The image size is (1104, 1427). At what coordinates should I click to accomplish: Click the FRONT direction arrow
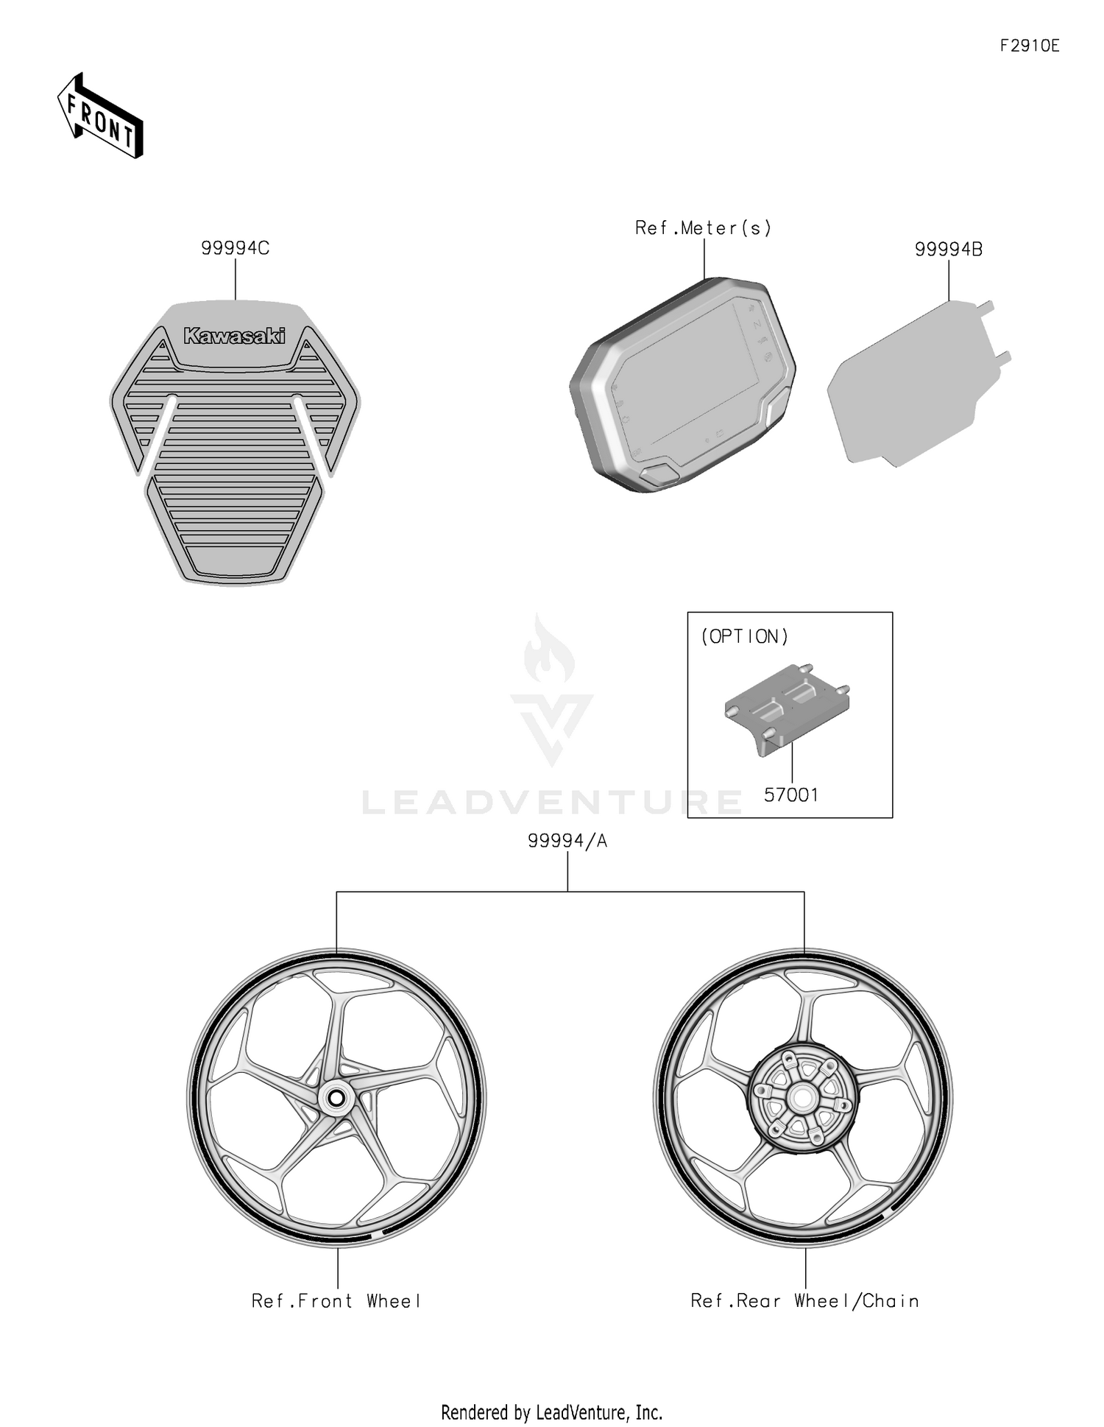(100, 116)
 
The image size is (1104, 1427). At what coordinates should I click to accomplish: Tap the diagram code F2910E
(1029, 46)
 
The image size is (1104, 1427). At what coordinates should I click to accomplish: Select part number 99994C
(236, 249)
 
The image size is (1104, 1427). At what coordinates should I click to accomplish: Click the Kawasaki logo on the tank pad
(234, 337)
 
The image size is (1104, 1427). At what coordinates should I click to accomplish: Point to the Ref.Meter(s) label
(704, 228)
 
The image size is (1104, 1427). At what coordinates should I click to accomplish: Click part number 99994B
(948, 250)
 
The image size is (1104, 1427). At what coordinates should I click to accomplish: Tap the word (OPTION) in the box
(744, 637)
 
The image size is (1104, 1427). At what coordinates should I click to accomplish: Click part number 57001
(791, 795)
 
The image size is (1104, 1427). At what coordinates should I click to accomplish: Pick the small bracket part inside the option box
(788, 707)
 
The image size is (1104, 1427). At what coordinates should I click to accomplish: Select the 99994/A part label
(567, 841)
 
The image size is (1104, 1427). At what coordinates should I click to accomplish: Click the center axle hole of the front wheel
(336, 1099)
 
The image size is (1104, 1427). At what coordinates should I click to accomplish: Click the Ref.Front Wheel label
(336, 1301)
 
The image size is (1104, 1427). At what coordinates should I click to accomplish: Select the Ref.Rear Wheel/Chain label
(804, 1301)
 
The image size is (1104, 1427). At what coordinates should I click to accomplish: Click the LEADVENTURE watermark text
(552, 802)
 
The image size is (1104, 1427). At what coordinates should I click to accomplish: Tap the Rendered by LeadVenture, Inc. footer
(551, 1412)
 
